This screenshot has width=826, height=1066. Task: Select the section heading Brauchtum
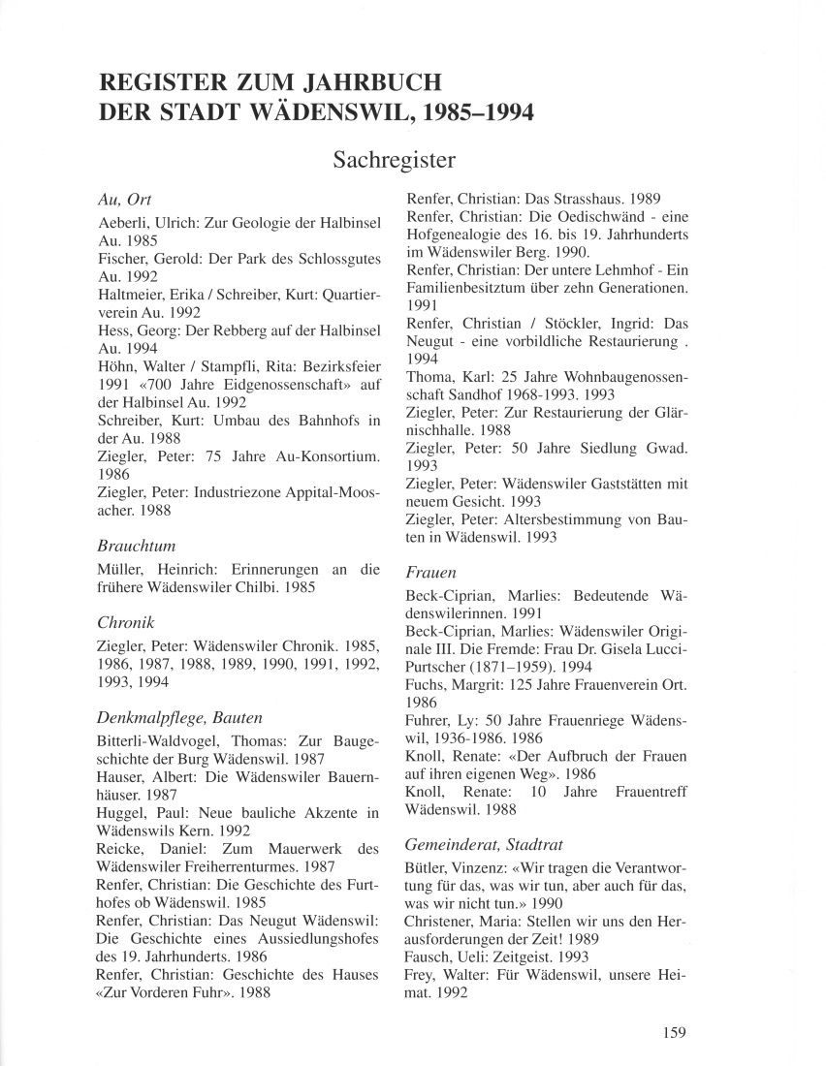137,546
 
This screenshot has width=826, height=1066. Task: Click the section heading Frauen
430,573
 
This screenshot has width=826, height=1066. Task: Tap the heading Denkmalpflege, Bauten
180,717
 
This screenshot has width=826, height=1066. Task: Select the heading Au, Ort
125,201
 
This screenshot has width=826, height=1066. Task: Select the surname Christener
439,921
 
